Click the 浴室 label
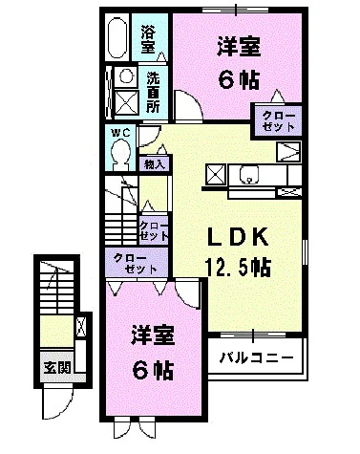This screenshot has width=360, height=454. pos(148,37)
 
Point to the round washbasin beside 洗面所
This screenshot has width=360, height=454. pos(125,78)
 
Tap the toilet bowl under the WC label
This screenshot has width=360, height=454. pos(120,153)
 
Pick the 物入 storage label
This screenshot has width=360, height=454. pos(154,164)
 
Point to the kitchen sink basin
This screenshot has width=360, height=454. pos(250,176)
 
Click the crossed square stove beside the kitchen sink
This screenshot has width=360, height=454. pos(216,175)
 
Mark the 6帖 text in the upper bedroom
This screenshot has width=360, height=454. pos(233,80)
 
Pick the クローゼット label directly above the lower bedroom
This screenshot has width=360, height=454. pos(135,263)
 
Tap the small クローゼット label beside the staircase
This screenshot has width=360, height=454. pos(155,230)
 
